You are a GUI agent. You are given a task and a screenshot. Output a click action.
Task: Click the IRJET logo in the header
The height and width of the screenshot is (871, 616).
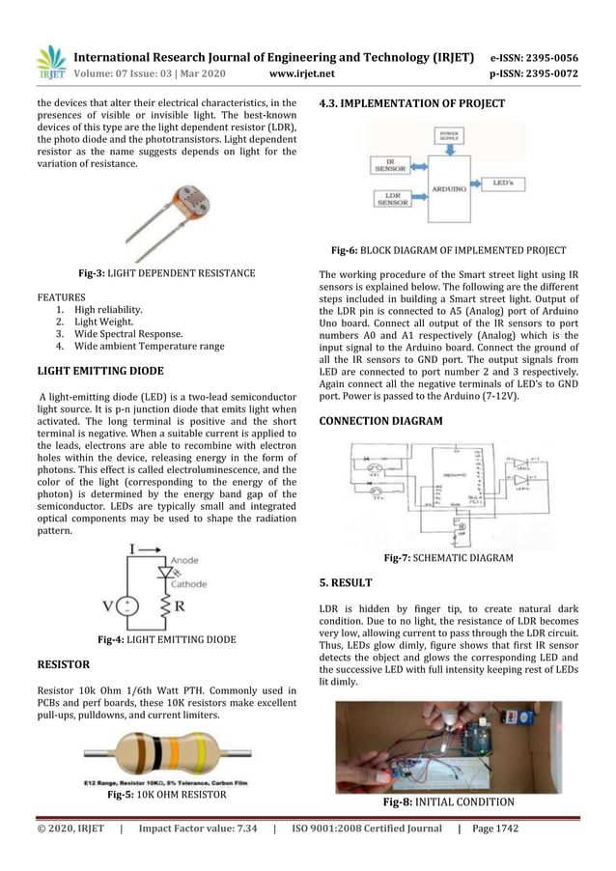(50, 60)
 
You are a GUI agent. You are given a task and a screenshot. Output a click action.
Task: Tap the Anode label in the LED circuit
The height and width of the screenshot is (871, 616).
(186, 558)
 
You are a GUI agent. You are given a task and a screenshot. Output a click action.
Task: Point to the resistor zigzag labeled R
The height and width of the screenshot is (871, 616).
(165, 606)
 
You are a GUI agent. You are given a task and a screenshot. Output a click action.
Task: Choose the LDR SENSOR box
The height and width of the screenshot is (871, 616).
(392, 199)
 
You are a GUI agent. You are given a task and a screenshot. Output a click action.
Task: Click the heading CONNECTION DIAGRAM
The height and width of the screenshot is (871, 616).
(380, 421)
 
